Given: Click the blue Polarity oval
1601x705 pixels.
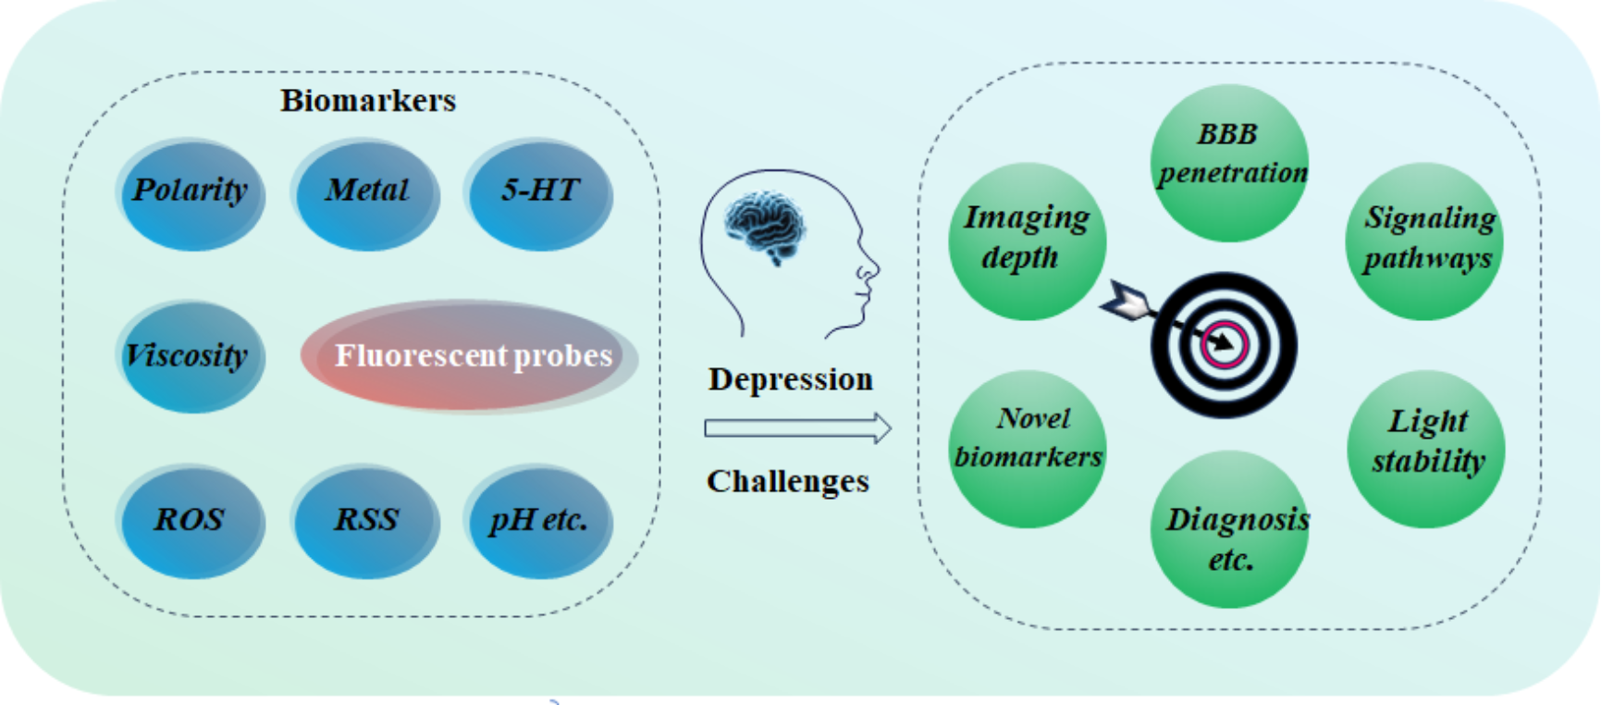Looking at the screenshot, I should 191,193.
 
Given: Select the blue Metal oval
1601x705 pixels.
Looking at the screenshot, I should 366,193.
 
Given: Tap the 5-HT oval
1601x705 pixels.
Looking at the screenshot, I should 540,193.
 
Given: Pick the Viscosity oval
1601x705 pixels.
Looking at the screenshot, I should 191,356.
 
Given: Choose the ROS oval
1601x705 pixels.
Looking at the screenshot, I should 191,521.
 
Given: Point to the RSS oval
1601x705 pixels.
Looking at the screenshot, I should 366,521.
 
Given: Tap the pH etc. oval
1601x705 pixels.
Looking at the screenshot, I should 540,521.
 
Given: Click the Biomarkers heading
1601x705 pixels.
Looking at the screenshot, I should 368,100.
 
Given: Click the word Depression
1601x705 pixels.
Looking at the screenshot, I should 791,379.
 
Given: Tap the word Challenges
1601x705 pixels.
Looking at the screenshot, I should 788,481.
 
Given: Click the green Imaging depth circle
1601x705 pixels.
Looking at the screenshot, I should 1027,241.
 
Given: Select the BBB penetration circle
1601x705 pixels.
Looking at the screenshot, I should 1230,162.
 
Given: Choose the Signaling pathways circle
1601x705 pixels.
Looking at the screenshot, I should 1425,241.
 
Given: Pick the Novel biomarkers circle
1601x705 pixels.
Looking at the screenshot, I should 1028,449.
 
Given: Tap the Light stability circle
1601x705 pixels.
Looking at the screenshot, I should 1425,449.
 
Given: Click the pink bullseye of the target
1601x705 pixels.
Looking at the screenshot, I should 1225,344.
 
